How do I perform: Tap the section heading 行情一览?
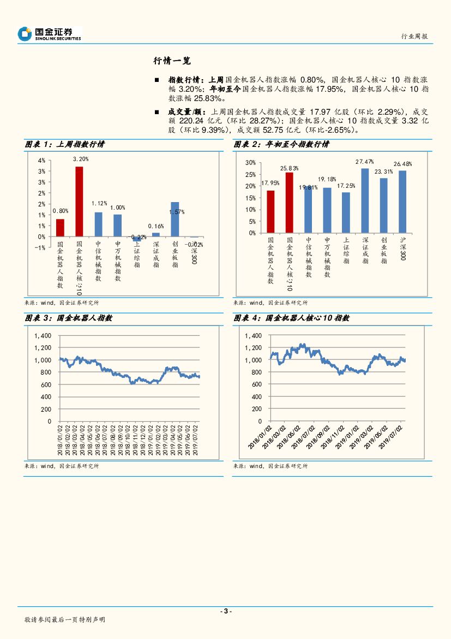172,61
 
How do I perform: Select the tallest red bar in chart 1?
79,201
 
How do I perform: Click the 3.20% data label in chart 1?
80,159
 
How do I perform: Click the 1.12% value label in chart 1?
98,202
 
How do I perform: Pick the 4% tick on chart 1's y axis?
41,161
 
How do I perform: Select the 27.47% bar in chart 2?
365,200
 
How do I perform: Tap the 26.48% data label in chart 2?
402,164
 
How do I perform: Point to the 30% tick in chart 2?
250,163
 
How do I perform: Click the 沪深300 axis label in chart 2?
402,248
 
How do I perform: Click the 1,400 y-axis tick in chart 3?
42,336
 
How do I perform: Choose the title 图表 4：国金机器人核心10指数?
291,318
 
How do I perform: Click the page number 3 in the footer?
225,611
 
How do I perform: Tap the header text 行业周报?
414,37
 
